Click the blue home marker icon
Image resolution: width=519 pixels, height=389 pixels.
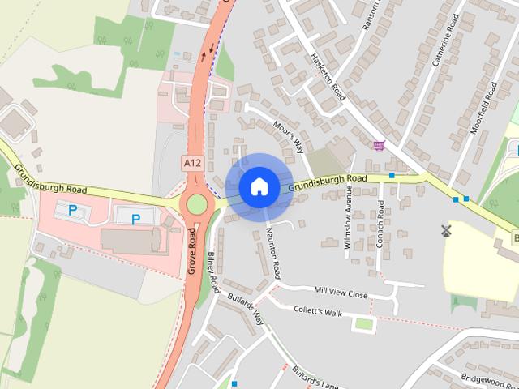[259, 187]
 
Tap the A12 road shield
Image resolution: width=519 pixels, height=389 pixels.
[192, 163]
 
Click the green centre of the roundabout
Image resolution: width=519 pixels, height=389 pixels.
[197, 203]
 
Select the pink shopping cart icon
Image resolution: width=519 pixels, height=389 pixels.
[379, 146]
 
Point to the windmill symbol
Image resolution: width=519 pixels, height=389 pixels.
[444, 230]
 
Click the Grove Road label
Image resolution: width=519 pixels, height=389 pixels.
[193, 250]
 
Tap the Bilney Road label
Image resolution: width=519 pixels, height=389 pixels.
[213, 271]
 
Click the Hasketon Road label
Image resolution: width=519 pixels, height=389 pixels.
[328, 77]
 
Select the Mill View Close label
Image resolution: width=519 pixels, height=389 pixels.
[341, 292]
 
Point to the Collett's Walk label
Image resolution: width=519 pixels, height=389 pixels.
[319, 312]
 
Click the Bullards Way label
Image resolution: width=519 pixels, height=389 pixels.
[245, 309]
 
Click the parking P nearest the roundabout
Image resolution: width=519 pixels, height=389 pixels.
[135, 218]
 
